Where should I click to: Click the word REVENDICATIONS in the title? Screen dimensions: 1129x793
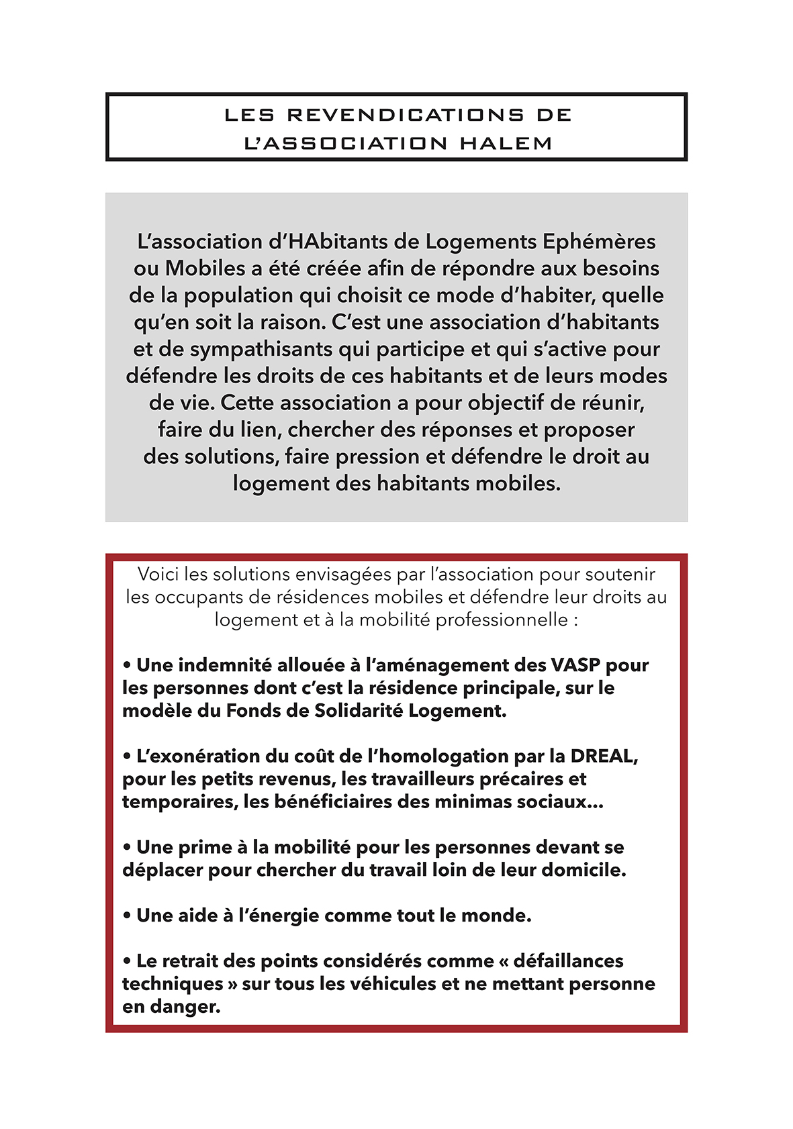pos(406,115)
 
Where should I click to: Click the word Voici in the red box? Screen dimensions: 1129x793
pos(158,575)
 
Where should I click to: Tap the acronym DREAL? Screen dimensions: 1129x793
pos(602,756)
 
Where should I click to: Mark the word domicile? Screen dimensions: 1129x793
pos(583,870)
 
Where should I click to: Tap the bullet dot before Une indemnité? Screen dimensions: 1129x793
pos(127,666)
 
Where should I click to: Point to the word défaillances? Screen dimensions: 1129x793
pos(568,961)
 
